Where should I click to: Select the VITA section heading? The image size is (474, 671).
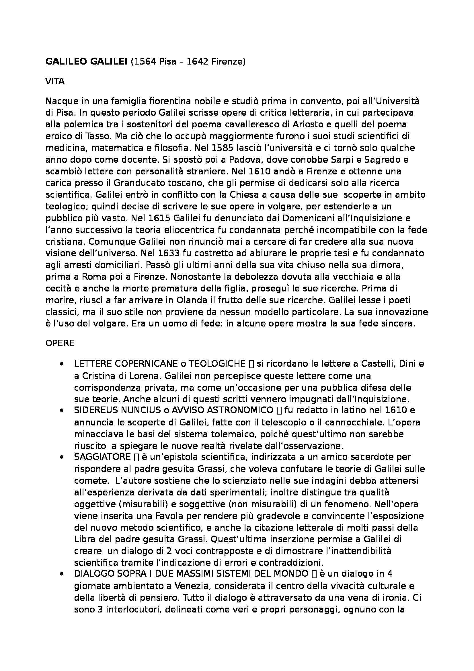point(55,81)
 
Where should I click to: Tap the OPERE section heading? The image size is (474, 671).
point(60,343)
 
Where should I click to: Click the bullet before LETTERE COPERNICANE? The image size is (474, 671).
point(61,364)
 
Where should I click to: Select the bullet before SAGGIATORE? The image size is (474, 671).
point(61,457)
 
